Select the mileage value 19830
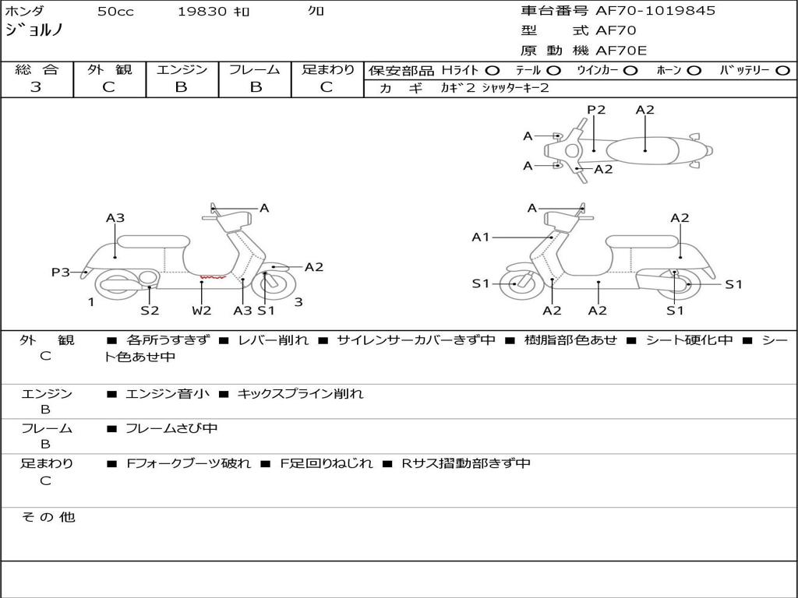pos(202,12)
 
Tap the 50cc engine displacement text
pos(115,12)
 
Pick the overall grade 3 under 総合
pos(36,87)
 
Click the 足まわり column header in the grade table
pos(327,70)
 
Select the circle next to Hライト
pos(493,70)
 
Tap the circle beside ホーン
pos(694,70)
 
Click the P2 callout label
pos(596,110)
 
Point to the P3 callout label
pos(61,272)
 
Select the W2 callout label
pos(202,310)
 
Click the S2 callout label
pos(150,310)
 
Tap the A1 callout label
pos(481,237)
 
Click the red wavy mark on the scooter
pos(212,276)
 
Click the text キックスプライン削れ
pos(300,394)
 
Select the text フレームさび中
pos(171,428)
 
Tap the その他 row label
pos(48,517)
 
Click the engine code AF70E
pos(621,51)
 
